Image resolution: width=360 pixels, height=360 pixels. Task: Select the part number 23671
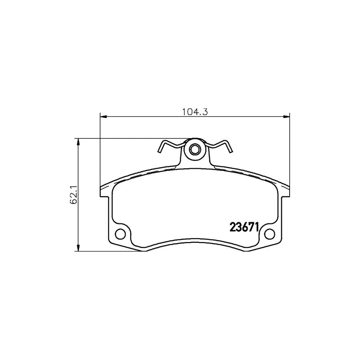coord(244,228)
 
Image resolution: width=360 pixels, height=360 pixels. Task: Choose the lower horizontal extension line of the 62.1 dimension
coord(108,252)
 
